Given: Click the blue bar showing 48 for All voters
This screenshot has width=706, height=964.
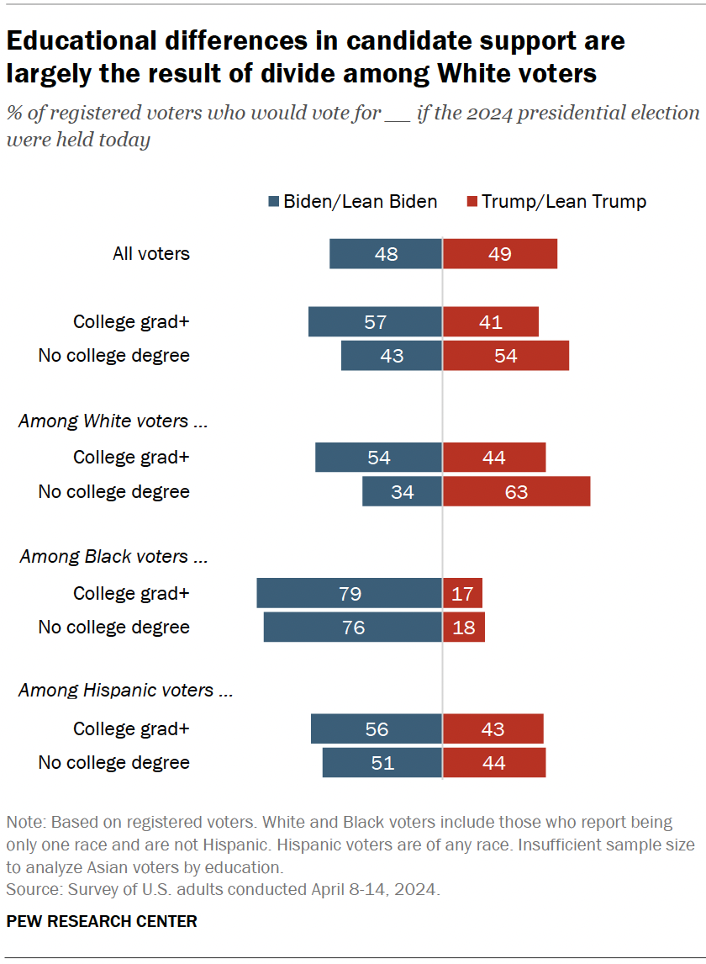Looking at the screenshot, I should tap(386, 253).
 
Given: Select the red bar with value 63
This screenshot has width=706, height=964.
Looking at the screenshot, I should tap(516, 491).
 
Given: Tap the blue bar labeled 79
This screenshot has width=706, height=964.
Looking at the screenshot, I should tap(349, 593).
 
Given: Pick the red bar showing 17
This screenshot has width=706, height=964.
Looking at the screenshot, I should tap(462, 593).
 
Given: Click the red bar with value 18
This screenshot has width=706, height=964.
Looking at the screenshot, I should tap(463, 628).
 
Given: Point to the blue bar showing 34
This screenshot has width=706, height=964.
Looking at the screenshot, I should tap(402, 491).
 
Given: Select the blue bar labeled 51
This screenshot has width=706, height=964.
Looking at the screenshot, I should tap(382, 762).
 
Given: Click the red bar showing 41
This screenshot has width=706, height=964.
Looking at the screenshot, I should tap(490, 321).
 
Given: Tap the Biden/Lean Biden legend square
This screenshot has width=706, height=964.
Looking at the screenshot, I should tap(273, 202).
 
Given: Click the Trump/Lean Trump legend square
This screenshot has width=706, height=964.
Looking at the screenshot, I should tap(472, 202).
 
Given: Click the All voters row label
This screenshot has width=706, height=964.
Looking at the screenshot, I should tap(151, 253).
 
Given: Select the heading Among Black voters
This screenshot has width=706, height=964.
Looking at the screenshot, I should tap(113, 556).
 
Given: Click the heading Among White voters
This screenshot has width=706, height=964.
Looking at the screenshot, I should tap(113, 421).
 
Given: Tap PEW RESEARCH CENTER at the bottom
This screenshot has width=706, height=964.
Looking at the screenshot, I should tap(102, 921).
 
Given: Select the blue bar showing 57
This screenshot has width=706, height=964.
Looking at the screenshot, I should tap(375, 321).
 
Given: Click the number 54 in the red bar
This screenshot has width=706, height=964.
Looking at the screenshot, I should tap(505, 356).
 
